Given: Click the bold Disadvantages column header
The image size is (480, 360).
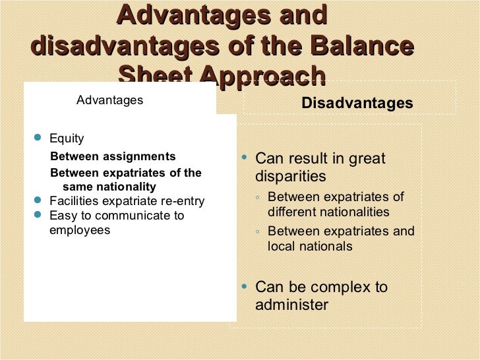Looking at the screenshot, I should point(357,104).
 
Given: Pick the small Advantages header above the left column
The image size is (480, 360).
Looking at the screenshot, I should point(109,100).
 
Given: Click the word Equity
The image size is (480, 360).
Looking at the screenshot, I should point(67,138).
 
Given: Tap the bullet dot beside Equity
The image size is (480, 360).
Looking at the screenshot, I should point(37,138).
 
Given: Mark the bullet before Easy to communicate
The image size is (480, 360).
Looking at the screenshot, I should point(37,215).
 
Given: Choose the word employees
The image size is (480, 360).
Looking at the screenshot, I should point(80,230).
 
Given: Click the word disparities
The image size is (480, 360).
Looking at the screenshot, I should point(291,177).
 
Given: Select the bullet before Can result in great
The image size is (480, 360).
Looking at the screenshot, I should point(245,158).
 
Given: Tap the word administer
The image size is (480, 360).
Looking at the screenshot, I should point(291,305).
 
